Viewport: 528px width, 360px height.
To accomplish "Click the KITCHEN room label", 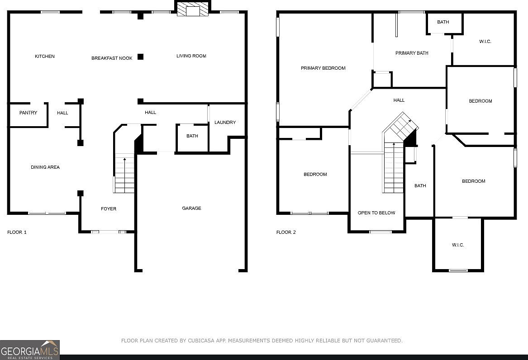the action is (x=45, y=56).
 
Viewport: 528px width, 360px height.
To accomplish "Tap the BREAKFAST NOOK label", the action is (x=112, y=58).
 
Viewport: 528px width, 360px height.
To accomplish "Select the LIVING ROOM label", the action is (x=191, y=56).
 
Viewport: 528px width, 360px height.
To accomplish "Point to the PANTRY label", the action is (x=29, y=113).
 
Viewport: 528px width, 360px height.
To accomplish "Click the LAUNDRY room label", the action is (x=225, y=122).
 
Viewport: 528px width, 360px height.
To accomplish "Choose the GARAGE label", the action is (x=191, y=208).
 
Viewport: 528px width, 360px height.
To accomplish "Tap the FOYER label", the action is (x=109, y=208).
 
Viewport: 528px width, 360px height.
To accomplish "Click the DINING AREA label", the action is (x=45, y=167).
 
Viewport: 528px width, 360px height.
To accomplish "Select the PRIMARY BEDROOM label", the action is (x=323, y=68).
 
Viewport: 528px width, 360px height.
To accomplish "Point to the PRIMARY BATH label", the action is (x=412, y=53).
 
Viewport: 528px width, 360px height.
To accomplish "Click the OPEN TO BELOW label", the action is (x=376, y=213).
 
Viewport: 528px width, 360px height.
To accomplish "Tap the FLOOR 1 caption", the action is (x=17, y=232).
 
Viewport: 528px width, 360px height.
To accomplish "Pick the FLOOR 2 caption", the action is (x=286, y=232).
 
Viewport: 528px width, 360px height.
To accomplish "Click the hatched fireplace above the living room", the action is (x=193, y=9).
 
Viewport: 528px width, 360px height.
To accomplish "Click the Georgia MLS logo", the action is (x=29, y=350).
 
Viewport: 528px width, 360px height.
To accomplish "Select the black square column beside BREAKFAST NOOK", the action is (x=140, y=57).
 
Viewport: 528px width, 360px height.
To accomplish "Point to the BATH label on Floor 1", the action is (x=192, y=136).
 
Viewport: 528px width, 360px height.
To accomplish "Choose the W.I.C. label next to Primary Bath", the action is (x=485, y=42).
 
